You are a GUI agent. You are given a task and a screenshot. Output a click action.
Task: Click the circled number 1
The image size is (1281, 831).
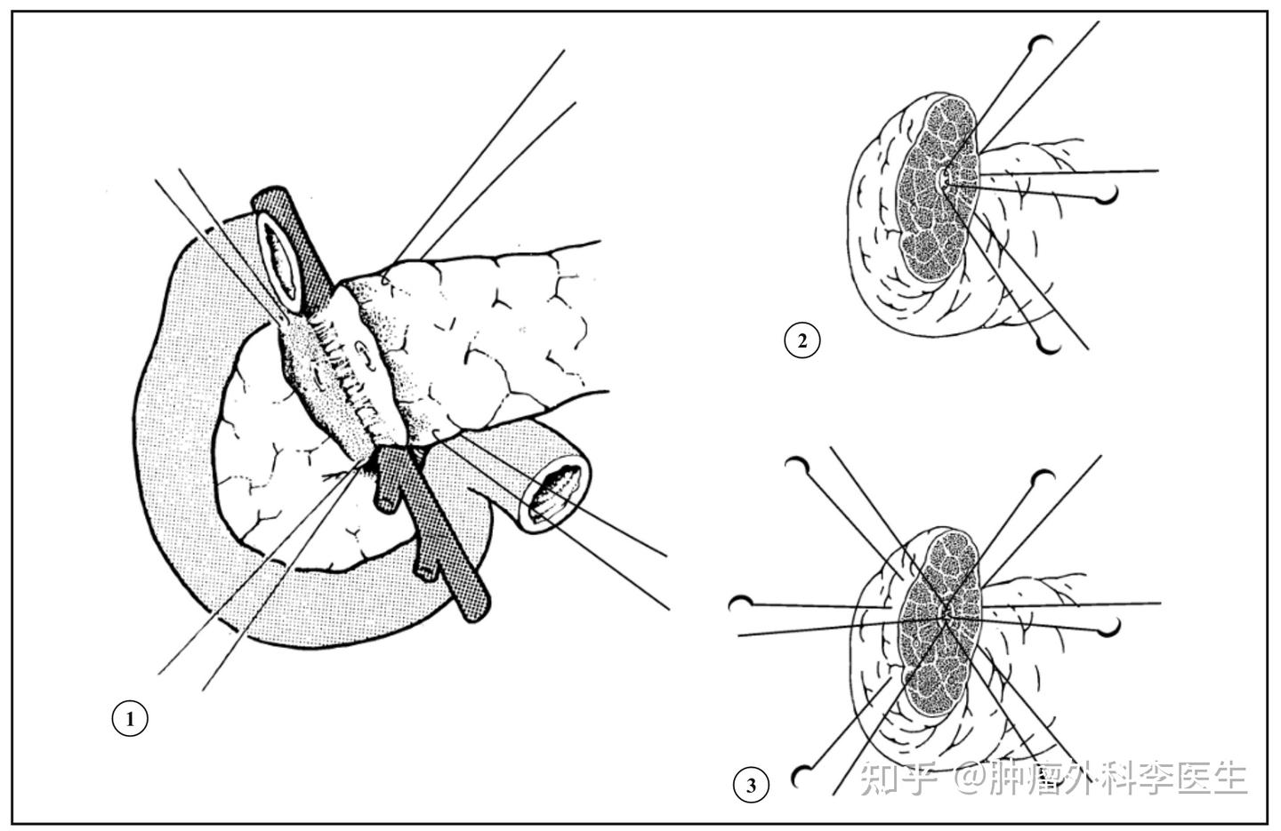(x=130, y=718)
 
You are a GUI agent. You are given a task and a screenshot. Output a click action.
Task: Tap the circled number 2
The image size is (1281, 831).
(x=802, y=340)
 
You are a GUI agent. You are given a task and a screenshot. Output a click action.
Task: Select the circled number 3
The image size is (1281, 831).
(x=752, y=786)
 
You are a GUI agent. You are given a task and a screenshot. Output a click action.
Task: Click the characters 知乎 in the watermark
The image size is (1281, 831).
(x=898, y=778)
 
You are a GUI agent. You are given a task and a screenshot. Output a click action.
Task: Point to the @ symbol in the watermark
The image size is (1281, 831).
(x=967, y=778)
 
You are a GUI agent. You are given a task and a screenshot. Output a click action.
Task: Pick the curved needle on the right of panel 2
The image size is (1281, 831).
(x=1108, y=196)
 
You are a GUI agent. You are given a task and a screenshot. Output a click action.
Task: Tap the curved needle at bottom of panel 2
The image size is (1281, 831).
(x=1050, y=346)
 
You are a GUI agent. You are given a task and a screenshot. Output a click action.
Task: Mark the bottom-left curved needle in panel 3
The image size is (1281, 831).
(x=800, y=778)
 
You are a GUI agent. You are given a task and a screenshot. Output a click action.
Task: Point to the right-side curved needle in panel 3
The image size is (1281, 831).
(x=1109, y=628)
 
